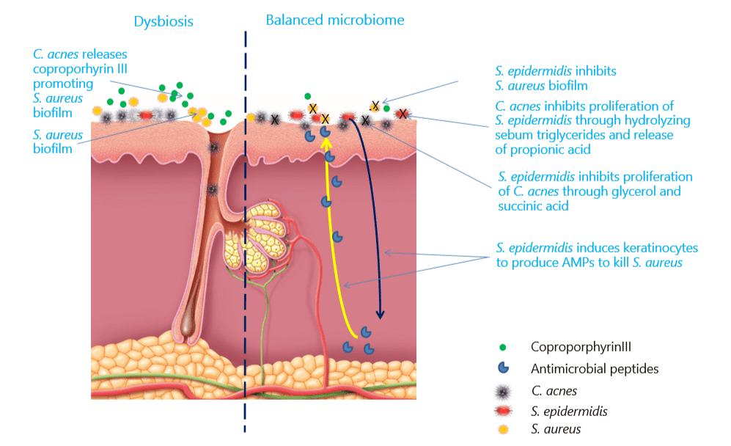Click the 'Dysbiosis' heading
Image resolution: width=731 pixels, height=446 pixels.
pos(164,21)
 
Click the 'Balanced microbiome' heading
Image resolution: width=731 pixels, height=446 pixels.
pos(335,20)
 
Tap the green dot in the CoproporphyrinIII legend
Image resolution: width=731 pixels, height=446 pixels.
pos(502,347)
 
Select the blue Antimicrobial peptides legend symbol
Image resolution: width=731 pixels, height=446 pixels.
pos(504,368)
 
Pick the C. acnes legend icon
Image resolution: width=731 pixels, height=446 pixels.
pos(502,392)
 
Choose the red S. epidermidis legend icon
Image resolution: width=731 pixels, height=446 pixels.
pos(503,411)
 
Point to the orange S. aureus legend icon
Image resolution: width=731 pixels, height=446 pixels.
pos(503,430)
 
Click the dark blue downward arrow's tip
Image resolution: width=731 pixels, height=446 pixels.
pos(381,318)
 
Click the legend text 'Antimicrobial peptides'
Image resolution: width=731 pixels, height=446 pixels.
pos(595,369)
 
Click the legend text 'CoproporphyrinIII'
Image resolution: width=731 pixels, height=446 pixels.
pos(581,347)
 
